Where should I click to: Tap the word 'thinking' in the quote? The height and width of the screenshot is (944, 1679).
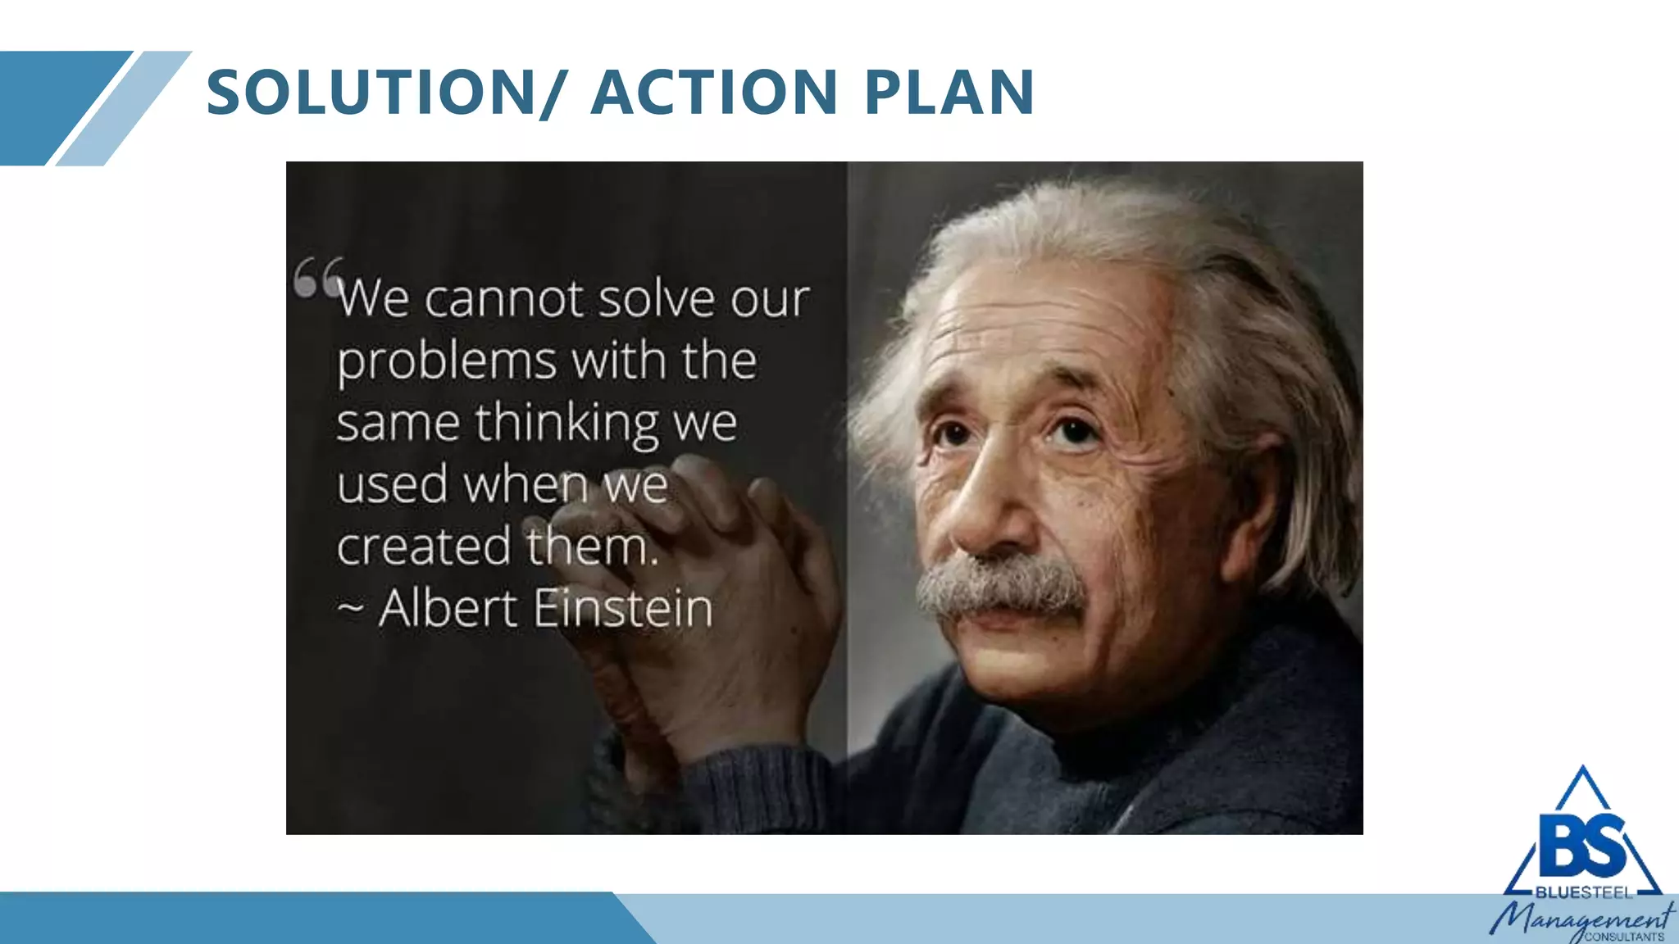point(566,424)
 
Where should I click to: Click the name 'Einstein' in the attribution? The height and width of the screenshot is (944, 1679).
point(623,609)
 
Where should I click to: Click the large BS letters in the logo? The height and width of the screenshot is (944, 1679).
point(1582,845)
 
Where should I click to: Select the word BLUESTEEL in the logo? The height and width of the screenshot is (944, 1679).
point(1584,892)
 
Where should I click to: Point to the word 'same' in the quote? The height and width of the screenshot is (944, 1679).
point(398,424)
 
